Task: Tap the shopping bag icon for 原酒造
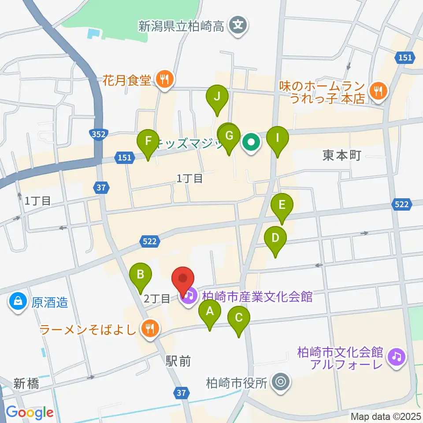click(x=18, y=303)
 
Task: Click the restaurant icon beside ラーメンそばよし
click(x=150, y=328)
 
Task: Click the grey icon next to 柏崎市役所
click(x=281, y=382)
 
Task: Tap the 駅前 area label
click(x=178, y=361)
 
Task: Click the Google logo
click(x=30, y=412)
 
